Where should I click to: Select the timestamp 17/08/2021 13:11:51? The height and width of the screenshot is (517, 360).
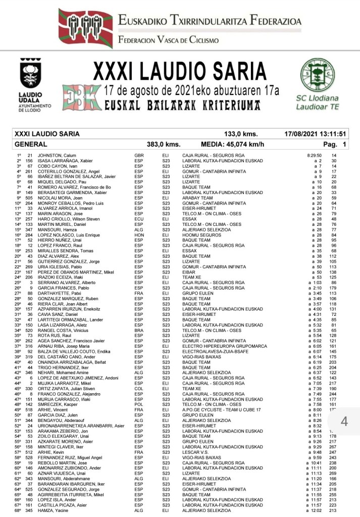[x=315, y=134]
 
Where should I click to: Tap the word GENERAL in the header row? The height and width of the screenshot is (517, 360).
[x=29, y=144]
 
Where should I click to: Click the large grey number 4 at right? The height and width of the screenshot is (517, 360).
[x=344, y=420]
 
